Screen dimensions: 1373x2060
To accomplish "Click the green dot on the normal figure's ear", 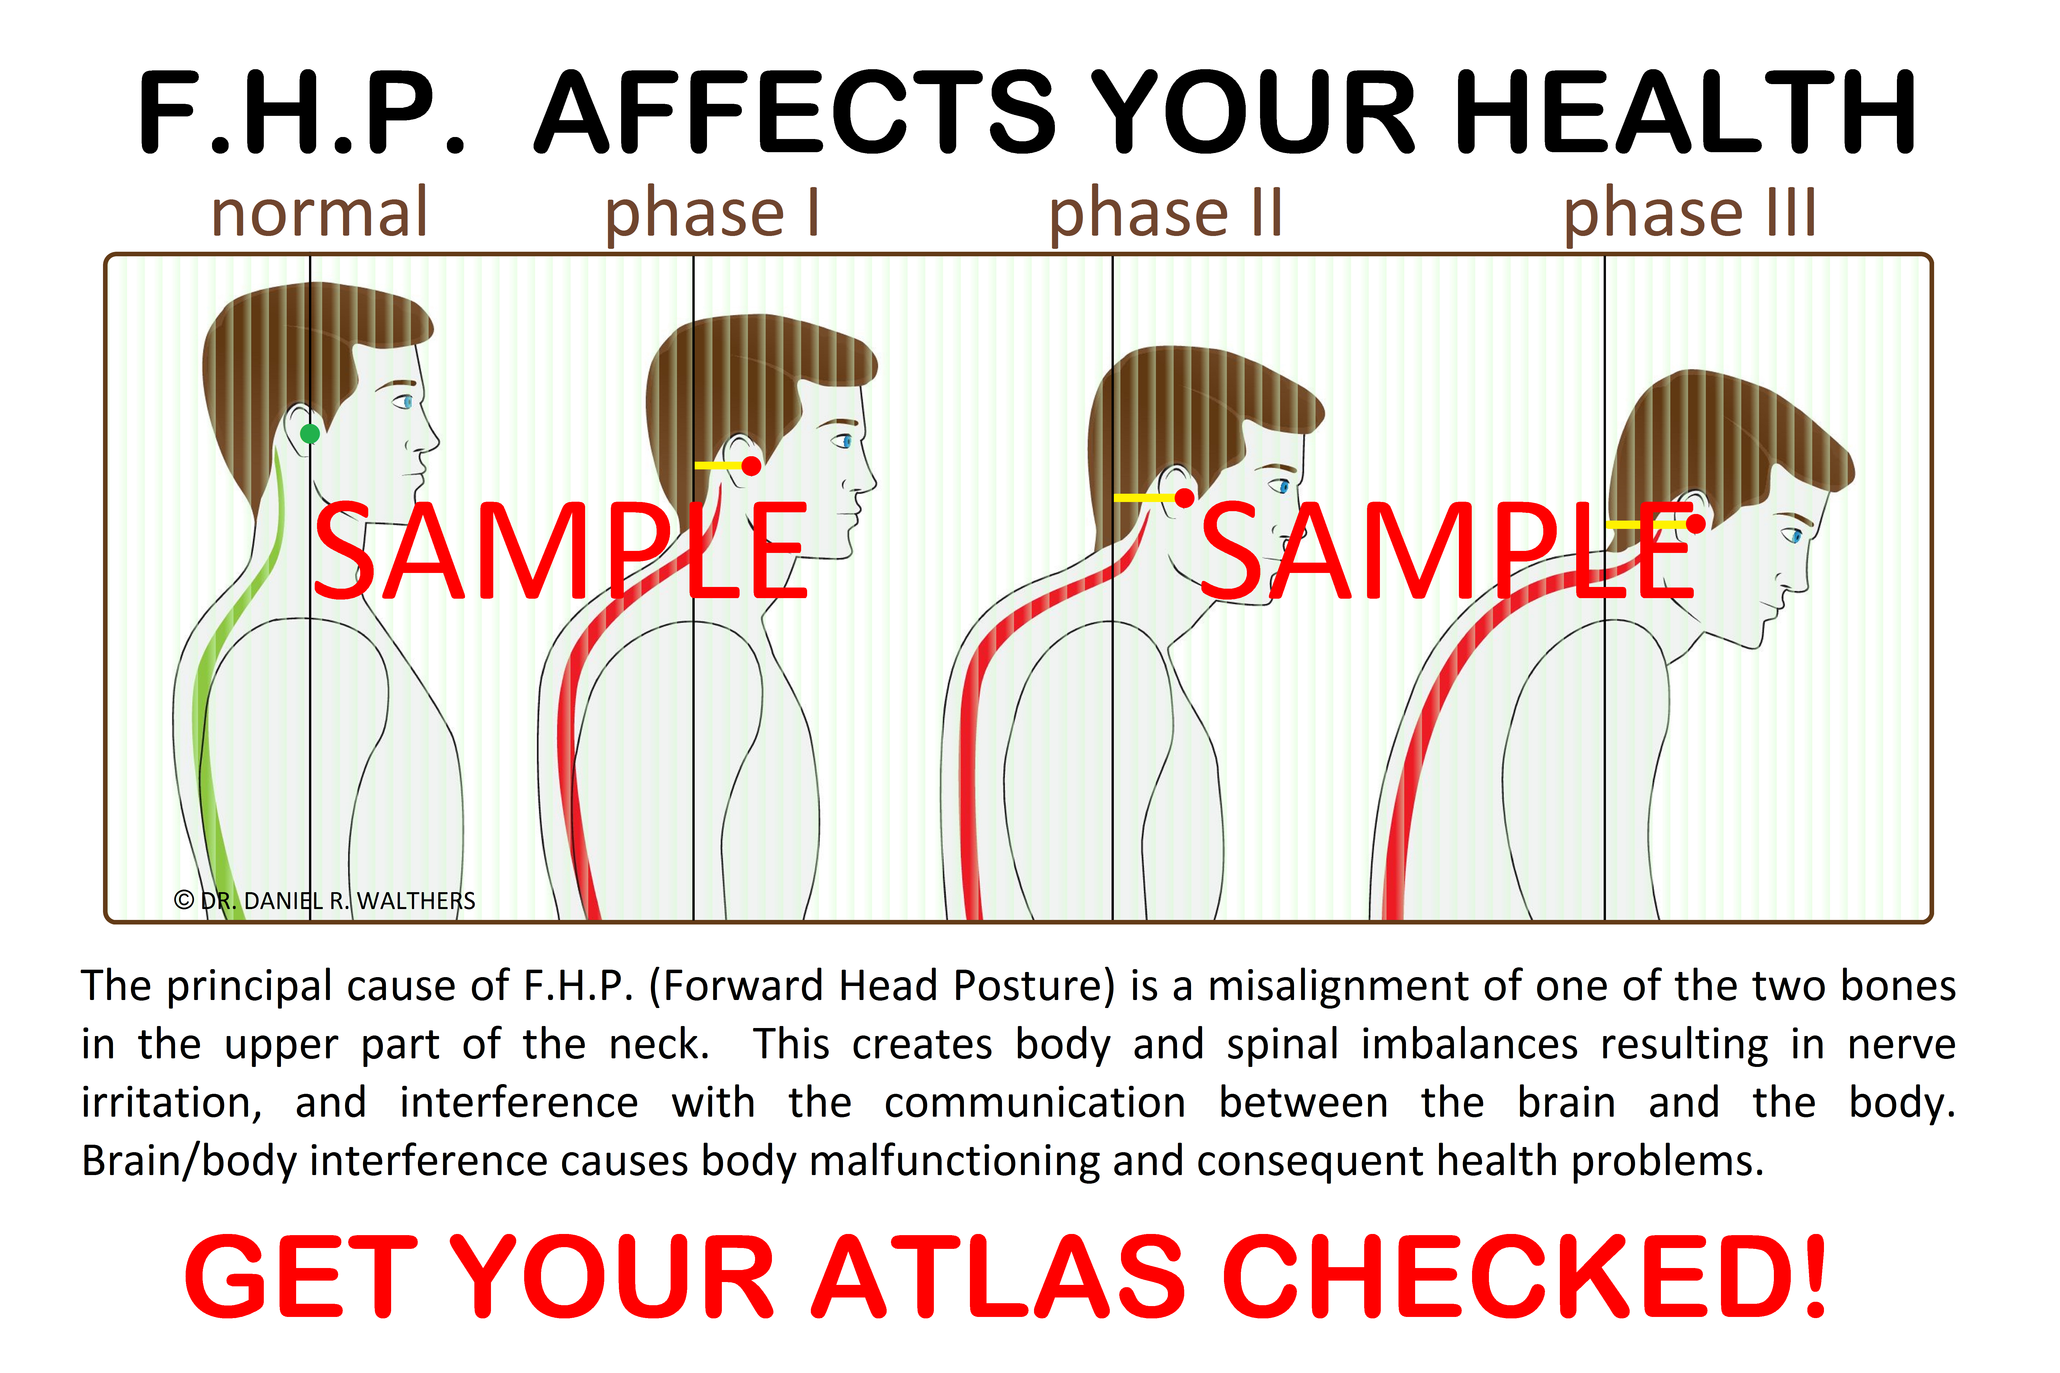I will point(310,433).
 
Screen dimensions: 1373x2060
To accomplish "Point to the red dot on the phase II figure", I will point(1184,498).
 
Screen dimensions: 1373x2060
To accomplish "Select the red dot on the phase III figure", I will point(1696,524).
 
